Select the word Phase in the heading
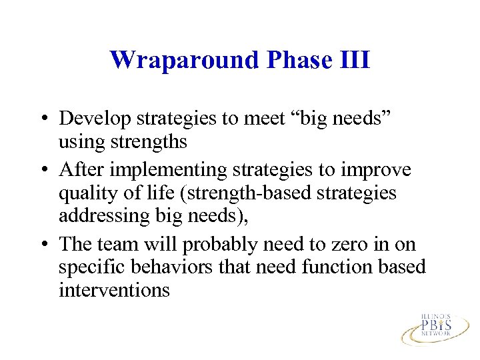click(x=297, y=60)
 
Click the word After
click(x=81, y=170)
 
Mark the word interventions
click(x=114, y=291)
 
